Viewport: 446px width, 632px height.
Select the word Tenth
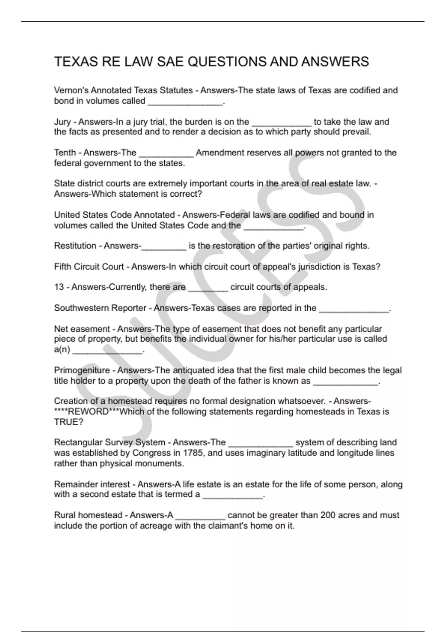pos(65,153)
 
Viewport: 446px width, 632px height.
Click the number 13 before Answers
pos(59,287)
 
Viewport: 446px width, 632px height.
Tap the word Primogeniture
pos(82,370)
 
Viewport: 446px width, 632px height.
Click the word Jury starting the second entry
pos(62,122)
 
